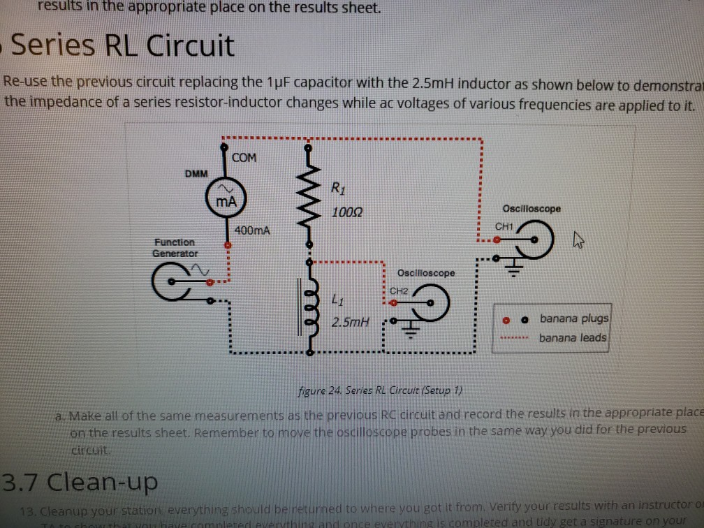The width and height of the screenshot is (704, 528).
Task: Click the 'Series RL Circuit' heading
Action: point(122,47)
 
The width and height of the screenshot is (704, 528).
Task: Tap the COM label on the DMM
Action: point(244,158)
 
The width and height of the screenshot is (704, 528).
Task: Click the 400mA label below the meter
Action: point(253,230)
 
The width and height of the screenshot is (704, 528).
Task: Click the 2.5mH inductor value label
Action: point(348,323)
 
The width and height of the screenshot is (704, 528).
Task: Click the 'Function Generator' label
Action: point(175,247)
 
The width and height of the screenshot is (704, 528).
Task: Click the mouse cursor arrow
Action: point(577,242)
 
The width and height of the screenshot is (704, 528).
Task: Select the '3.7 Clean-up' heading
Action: point(80,481)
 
